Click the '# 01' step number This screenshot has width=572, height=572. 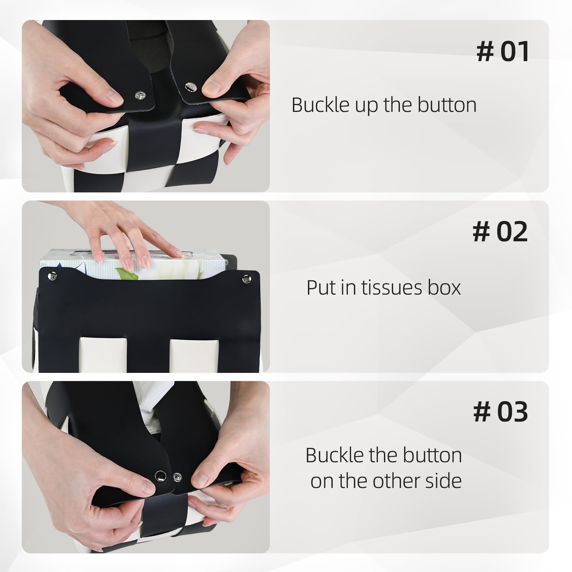coord(503,52)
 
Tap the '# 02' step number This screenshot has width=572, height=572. coord(500,232)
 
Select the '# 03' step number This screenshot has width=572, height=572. coord(500,412)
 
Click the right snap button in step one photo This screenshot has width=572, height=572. coord(189,87)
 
